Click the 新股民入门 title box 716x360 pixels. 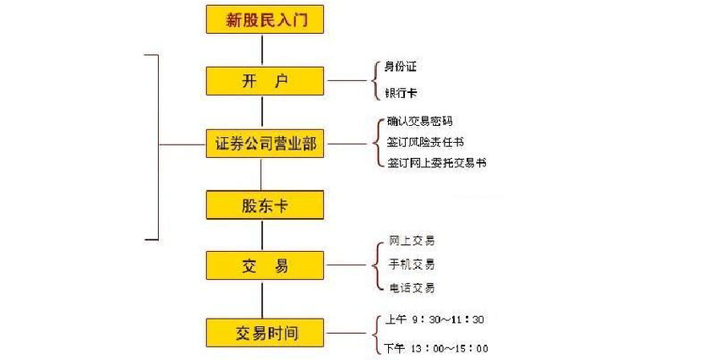264,19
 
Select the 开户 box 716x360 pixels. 264,81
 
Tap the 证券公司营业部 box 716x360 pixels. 264,145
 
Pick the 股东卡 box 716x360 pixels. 264,205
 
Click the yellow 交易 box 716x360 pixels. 264,266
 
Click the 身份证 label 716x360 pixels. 402,66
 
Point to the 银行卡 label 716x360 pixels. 402,95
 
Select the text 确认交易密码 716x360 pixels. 419,122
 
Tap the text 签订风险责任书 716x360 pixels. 425,142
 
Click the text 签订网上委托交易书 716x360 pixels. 436,162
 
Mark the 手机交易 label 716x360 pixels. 412,265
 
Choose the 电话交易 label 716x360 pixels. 412,288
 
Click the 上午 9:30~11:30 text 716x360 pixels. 434,319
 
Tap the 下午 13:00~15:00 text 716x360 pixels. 435,348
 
